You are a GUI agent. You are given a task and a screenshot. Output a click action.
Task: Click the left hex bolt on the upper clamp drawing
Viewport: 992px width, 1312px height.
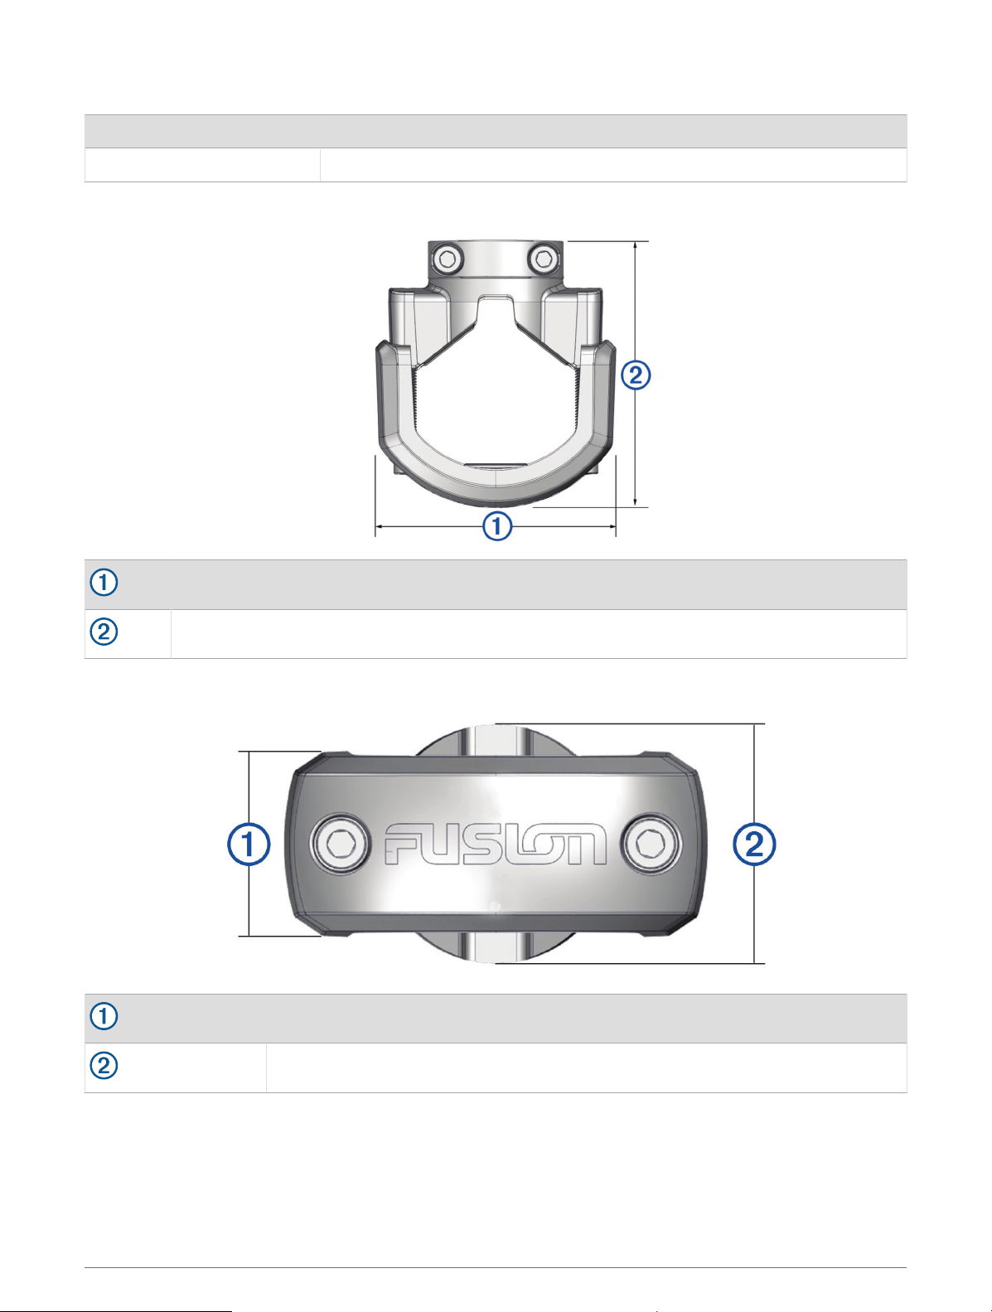pyautogui.click(x=448, y=259)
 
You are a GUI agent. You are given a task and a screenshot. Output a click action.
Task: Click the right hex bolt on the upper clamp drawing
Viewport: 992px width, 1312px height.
pyautogui.click(x=544, y=259)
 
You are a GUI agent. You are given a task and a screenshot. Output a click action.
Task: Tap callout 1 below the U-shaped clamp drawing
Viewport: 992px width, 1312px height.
pyautogui.click(x=496, y=526)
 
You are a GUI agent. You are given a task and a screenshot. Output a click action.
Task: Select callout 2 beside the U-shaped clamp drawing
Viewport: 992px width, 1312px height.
pyautogui.click(x=636, y=375)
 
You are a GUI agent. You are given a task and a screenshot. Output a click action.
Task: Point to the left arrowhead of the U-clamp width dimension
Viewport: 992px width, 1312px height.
pyautogui.click(x=379, y=526)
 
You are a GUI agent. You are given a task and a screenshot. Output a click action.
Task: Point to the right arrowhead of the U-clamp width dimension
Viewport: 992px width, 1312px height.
pyautogui.click(x=612, y=526)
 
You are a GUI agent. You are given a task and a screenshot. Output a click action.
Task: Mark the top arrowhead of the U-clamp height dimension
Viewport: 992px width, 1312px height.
pyautogui.click(x=636, y=245)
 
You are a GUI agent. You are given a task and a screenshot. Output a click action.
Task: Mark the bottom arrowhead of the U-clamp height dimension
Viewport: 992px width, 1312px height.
pyautogui.click(x=636, y=503)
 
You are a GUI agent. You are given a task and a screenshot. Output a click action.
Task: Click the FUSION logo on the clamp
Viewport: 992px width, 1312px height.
pyautogui.click(x=495, y=844)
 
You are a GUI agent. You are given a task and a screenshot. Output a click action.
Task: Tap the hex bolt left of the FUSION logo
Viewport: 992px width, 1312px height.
pyautogui.click(x=340, y=844)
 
